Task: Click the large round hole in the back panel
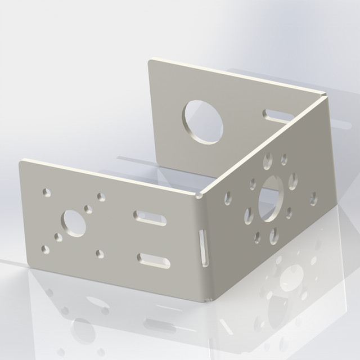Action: [x=202, y=120]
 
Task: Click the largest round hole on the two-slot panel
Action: [x=74, y=223]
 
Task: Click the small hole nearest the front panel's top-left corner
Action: [x=47, y=193]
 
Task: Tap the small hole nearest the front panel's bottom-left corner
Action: [x=46, y=248]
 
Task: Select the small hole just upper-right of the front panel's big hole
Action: [x=88, y=209]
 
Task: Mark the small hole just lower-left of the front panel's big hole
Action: [x=58, y=237]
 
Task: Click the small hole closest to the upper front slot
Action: [x=102, y=197]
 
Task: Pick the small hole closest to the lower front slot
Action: [x=100, y=254]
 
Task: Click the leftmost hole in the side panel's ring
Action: [x=228, y=197]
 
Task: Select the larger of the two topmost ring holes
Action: [x=268, y=160]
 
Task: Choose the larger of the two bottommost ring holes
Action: [x=274, y=235]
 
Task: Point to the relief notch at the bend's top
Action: [x=200, y=195]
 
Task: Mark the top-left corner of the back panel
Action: [x=150, y=60]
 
